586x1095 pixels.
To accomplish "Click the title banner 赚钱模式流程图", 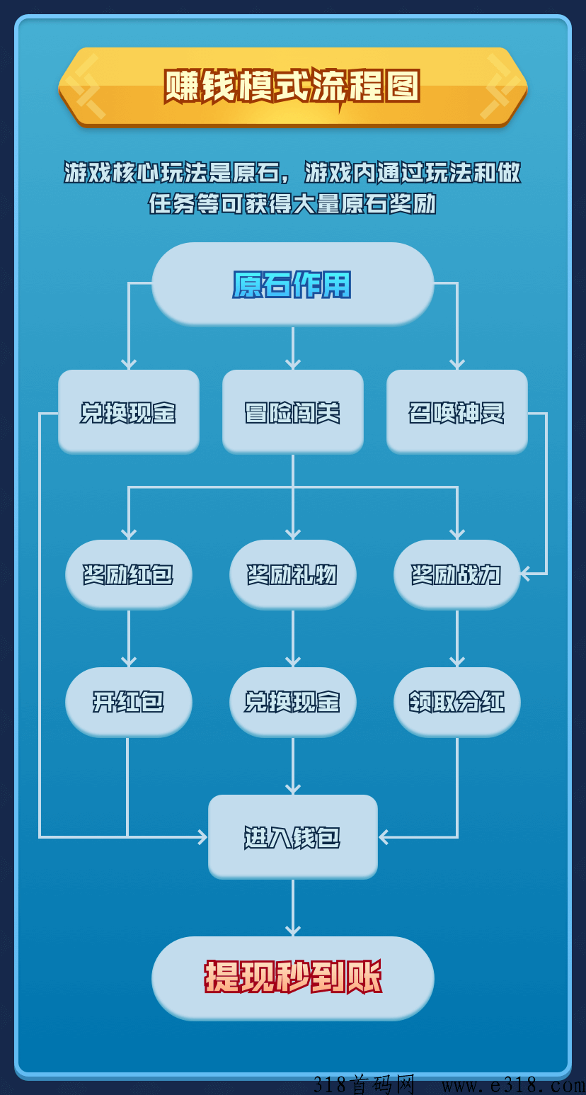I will [x=292, y=86].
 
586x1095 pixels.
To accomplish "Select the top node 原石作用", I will [x=292, y=284].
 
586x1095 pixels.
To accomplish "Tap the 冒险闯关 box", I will [x=292, y=412].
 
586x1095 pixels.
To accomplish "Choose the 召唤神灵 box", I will [x=456, y=412].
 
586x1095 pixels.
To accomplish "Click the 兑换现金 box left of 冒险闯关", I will [x=128, y=412].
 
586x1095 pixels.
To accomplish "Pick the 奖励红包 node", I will [x=128, y=574].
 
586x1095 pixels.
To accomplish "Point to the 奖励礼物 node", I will [x=292, y=574].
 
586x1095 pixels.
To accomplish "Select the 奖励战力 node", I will [x=456, y=574].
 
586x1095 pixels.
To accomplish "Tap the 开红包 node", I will [x=128, y=701].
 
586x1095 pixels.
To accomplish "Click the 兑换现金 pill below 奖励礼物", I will [x=292, y=701].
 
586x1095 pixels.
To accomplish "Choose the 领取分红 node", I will [x=456, y=701].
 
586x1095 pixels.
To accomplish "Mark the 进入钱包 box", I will [x=292, y=837].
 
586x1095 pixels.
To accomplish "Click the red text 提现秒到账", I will [x=292, y=977].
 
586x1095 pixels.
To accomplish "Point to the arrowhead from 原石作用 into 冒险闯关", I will [x=292, y=364].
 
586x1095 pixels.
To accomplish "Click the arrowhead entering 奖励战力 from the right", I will [x=526, y=574].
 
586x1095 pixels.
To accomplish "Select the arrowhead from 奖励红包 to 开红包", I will [x=128, y=662].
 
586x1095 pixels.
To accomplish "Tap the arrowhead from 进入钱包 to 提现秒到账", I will [x=292, y=930].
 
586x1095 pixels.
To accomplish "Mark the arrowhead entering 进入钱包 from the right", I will [x=384, y=837].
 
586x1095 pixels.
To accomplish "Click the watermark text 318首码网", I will [x=364, y=1084].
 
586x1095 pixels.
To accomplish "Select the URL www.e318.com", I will [x=513, y=1084].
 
